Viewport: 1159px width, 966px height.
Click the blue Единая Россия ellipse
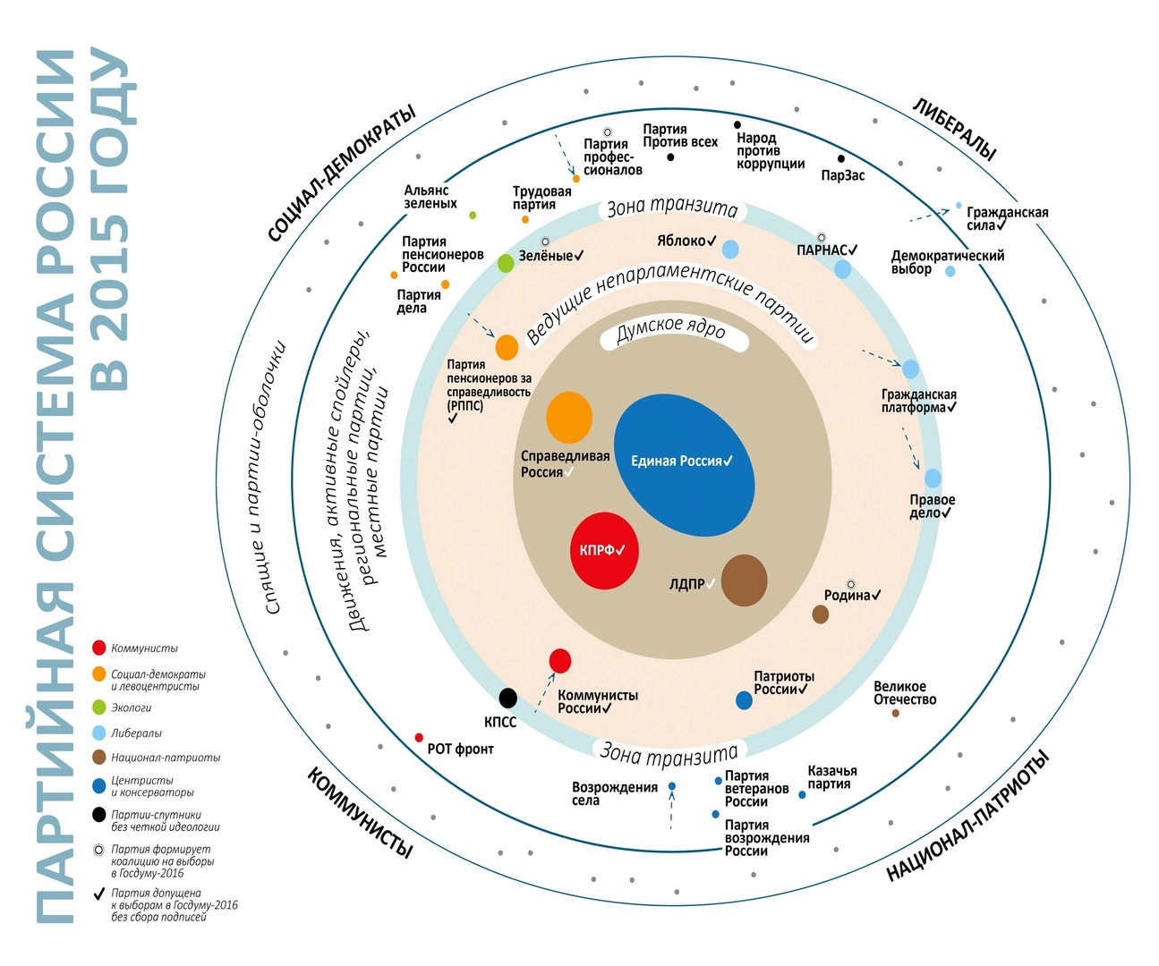[684, 465]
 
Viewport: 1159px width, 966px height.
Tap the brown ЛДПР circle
[744, 580]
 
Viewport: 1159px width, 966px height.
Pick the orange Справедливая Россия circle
[569, 417]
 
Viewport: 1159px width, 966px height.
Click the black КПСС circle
[507, 698]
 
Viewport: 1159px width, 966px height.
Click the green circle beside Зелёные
[506, 263]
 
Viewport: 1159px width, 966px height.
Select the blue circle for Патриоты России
[744, 700]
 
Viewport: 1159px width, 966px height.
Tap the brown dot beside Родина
[820, 614]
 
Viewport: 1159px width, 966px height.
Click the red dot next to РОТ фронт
[419, 738]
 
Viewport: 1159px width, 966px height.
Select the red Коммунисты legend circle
[99, 648]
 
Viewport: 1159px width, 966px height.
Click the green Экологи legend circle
[99, 708]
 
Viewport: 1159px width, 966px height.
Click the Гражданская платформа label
[918, 401]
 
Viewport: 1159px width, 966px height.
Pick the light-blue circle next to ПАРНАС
[842, 268]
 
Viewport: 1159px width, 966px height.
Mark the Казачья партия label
[831, 777]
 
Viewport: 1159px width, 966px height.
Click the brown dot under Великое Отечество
[895, 713]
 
